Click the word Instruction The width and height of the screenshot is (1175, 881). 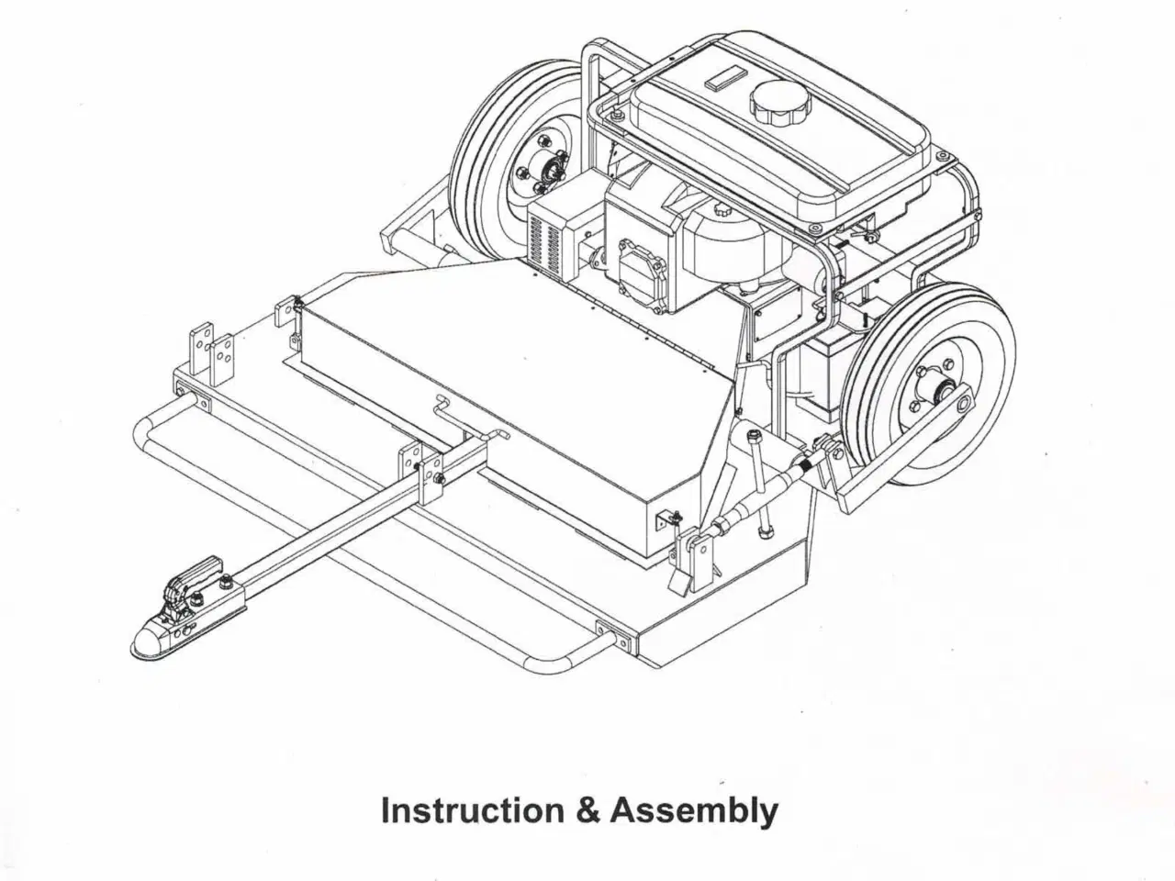(472, 811)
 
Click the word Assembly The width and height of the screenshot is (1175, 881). (694, 811)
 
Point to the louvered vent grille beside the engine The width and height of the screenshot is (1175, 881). (547, 240)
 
